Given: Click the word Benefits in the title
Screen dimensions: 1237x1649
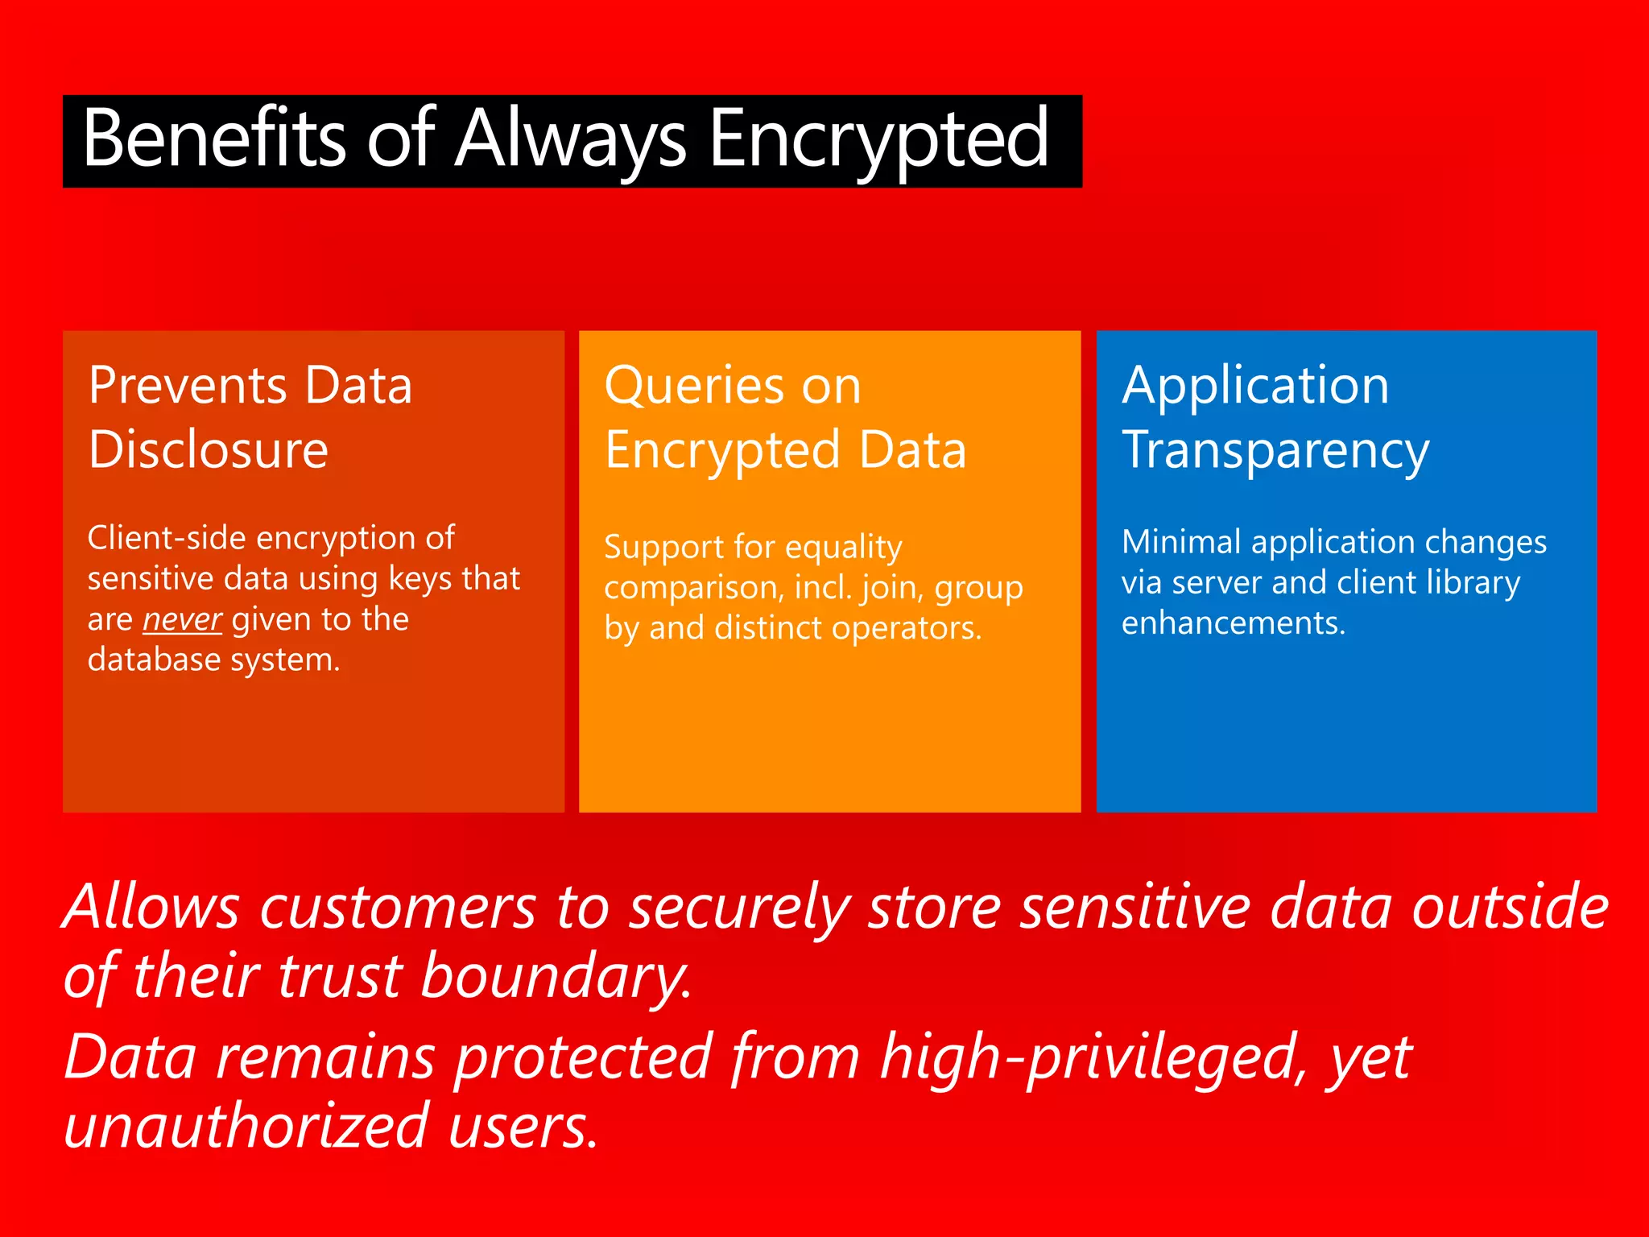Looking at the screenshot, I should pyautogui.click(x=213, y=139).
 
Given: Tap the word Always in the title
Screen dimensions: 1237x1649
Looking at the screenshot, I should pyautogui.click(x=570, y=139).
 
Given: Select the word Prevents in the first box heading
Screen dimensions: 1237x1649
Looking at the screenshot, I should pyautogui.click(x=185, y=385).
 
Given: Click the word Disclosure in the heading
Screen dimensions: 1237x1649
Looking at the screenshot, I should pyautogui.click(x=209, y=449).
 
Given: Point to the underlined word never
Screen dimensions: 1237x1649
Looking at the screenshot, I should pyautogui.click(x=182, y=619).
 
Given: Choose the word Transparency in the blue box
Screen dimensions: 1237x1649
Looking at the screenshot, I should pyautogui.click(x=1275, y=449).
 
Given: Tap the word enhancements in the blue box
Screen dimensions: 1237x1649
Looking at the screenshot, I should pyautogui.click(x=1233, y=623).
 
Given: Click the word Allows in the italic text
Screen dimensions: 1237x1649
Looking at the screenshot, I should pyautogui.click(x=151, y=907).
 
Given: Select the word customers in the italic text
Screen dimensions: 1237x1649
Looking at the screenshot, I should pyautogui.click(x=398, y=907).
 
